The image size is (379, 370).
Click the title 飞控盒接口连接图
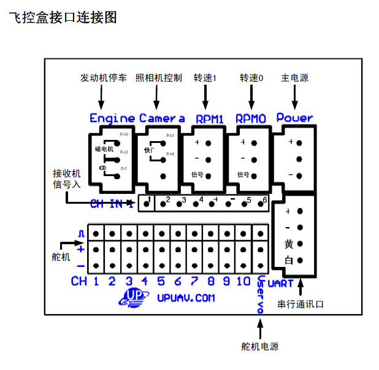click(x=63, y=18)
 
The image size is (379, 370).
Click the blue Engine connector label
click(x=112, y=118)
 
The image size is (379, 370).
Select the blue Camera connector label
click(x=162, y=118)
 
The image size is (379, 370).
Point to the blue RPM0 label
click(x=250, y=118)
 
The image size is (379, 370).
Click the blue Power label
click(x=294, y=117)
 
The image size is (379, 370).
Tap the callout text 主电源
click(x=294, y=79)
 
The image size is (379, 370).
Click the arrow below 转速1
click(x=207, y=96)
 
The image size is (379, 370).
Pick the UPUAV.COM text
click(x=186, y=298)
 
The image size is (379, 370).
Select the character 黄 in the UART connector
click(x=289, y=244)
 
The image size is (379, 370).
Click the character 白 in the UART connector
click(x=289, y=260)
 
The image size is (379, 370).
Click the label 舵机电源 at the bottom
click(x=260, y=347)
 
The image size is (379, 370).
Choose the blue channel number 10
click(x=243, y=282)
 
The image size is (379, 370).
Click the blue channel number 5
click(x=161, y=282)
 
